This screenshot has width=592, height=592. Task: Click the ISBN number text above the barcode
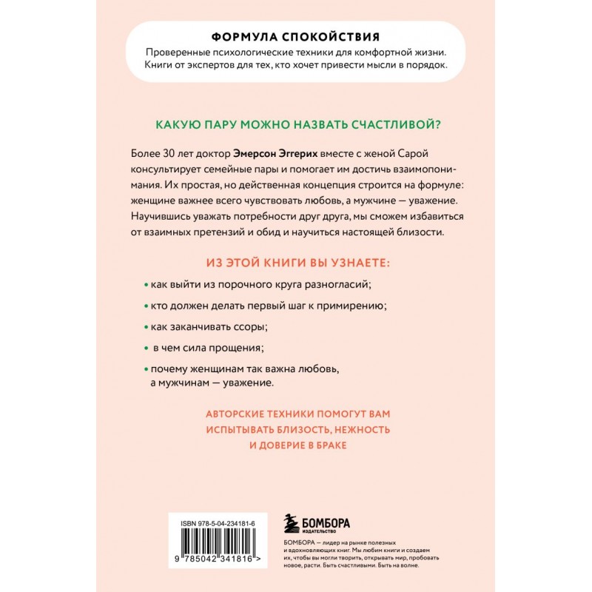tap(218, 522)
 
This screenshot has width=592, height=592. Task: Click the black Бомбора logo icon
tap(292, 521)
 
